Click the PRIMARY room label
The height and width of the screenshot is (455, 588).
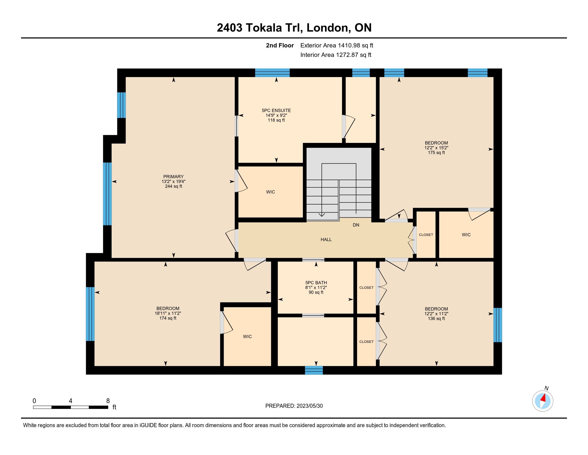point(174,177)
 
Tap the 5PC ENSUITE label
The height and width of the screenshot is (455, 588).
point(276,111)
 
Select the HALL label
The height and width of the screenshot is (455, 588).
point(326,239)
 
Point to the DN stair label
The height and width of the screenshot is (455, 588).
point(356,225)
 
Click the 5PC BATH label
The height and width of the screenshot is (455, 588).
point(316,283)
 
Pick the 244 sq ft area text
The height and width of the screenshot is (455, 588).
point(174,186)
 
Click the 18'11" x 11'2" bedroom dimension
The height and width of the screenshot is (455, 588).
point(168,313)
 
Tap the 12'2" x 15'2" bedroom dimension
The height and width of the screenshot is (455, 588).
point(436,148)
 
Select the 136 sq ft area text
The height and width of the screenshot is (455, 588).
point(436,318)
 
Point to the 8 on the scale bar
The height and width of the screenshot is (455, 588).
point(108,401)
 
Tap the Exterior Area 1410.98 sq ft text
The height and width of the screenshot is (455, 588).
point(337,45)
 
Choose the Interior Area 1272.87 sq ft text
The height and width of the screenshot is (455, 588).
point(336,55)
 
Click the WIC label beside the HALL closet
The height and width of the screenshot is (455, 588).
point(466,235)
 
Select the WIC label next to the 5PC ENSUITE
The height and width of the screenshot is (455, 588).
point(270,192)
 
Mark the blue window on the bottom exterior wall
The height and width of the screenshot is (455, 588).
point(314,370)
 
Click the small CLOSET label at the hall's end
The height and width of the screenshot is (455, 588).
point(426,235)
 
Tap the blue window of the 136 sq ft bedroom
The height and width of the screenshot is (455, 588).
point(498,325)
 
